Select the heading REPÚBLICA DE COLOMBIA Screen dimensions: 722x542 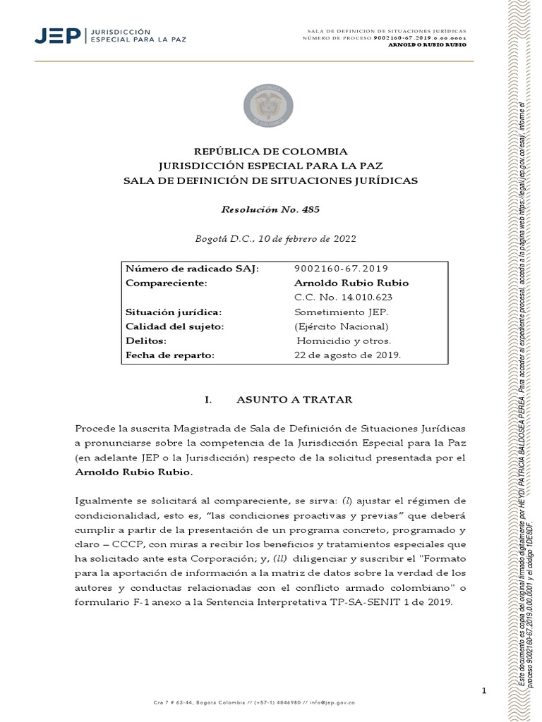point(270,152)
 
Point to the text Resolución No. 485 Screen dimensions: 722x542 point(265,209)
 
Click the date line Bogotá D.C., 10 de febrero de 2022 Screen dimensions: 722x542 point(270,238)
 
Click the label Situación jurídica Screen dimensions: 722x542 point(173,312)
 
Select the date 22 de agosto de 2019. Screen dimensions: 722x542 point(347,355)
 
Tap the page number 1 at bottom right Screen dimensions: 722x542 point(484,690)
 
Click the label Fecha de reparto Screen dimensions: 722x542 point(169,355)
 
